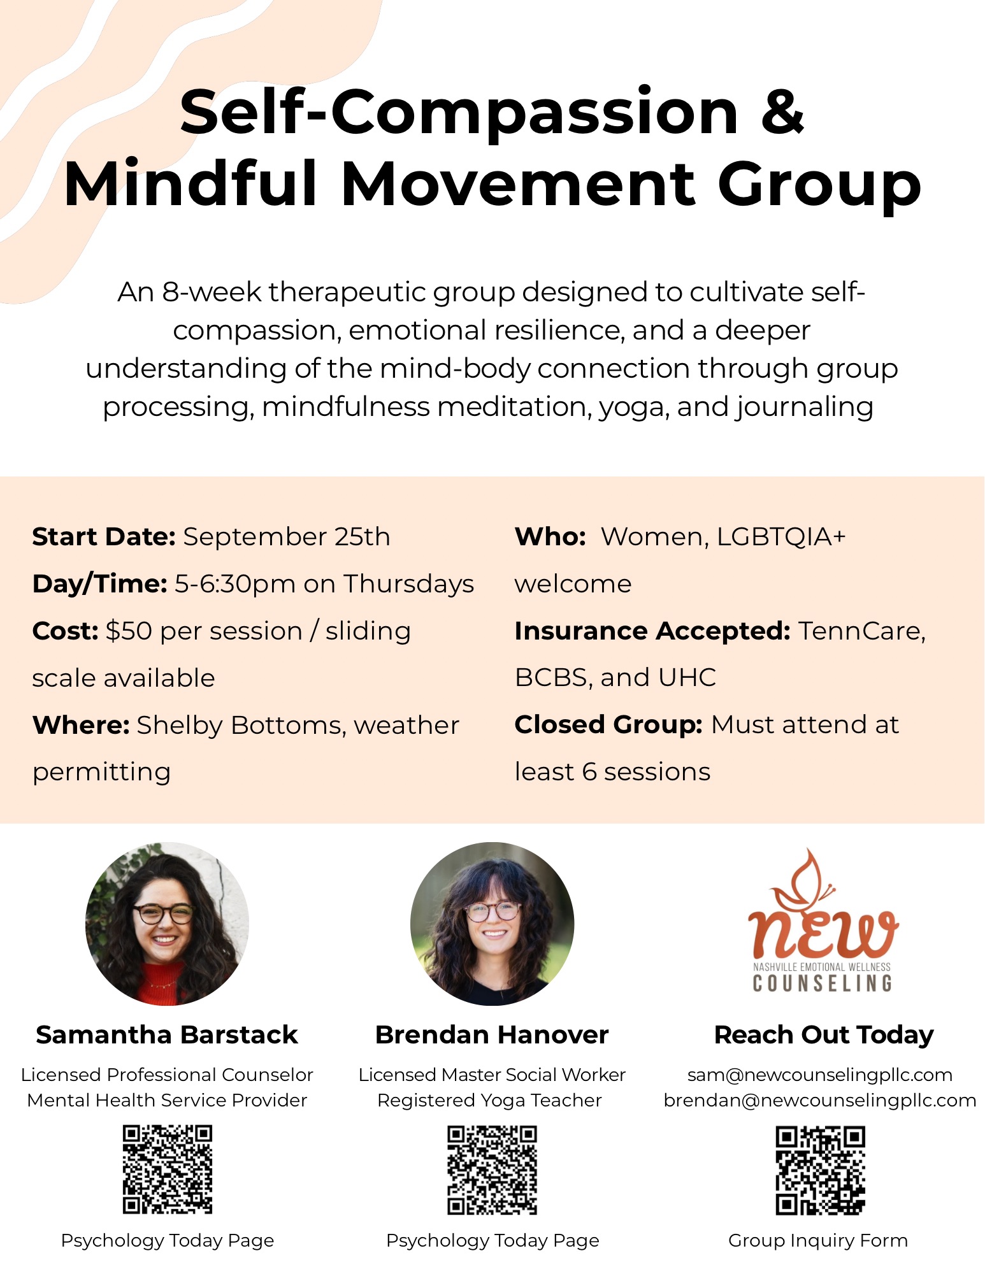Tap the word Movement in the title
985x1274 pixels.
coord(518,185)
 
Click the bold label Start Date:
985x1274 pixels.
coord(104,537)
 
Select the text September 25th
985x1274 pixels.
coord(287,537)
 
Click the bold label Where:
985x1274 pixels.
coord(81,725)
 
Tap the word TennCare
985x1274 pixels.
coord(861,631)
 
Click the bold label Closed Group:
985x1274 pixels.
coord(608,725)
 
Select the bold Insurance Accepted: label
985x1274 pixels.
coord(652,631)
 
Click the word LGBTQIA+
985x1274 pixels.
coord(781,537)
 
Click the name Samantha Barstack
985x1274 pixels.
coord(167,1035)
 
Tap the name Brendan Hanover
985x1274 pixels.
coord(492,1035)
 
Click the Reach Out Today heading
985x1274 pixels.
coord(824,1035)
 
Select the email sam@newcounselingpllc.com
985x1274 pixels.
coord(820,1075)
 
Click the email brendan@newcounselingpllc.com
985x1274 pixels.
coord(820,1101)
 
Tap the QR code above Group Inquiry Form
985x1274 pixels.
coord(821,1171)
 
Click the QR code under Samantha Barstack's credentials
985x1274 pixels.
coord(168,1170)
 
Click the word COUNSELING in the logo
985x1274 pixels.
coord(822,984)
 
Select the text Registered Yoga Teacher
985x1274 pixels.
coord(489,1101)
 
